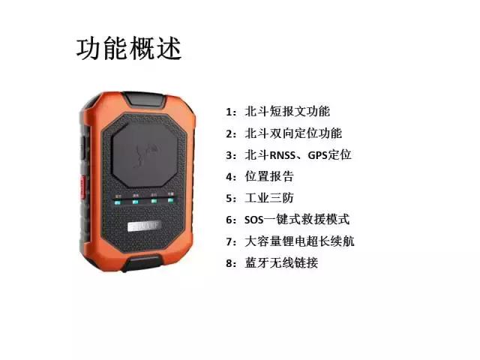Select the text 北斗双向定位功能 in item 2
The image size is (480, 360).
click(x=293, y=133)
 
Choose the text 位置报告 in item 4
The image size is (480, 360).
click(x=269, y=176)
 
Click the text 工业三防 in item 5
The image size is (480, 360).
click(x=269, y=198)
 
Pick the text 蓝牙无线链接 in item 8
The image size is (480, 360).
click(x=281, y=263)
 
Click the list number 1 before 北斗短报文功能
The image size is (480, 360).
click(x=229, y=112)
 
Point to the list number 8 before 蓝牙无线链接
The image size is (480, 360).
click(x=229, y=263)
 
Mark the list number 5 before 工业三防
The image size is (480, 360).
click(x=229, y=198)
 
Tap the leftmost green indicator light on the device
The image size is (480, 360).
click(x=117, y=200)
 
